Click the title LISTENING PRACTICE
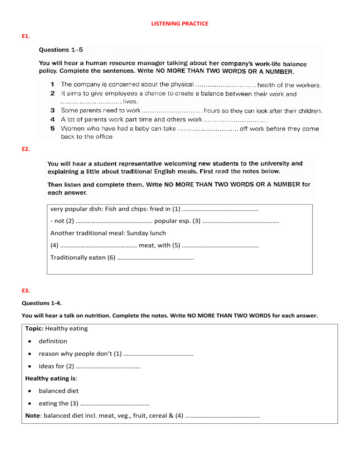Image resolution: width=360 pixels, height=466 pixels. click(x=180, y=23)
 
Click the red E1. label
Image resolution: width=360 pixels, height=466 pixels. click(x=26, y=36)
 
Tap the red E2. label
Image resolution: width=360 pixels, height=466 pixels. click(x=26, y=149)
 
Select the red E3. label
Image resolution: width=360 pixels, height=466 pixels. click(x=26, y=291)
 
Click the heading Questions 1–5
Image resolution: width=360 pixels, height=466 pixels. click(x=61, y=49)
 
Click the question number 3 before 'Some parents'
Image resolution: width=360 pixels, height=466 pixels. click(x=53, y=111)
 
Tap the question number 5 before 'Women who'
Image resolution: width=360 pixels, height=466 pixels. click(x=53, y=128)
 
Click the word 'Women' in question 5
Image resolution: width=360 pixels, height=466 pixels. click(x=72, y=128)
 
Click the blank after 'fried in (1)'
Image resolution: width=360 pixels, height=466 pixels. click(x=220, y=209)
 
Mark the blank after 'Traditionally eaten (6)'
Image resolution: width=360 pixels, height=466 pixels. click(x=155, y=258)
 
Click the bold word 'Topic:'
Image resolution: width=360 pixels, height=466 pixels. click(x=35, y=329)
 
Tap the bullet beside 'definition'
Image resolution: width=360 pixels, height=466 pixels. click(x=30, y=341)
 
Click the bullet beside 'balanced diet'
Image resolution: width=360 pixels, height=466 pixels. click(x=30, y=391)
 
